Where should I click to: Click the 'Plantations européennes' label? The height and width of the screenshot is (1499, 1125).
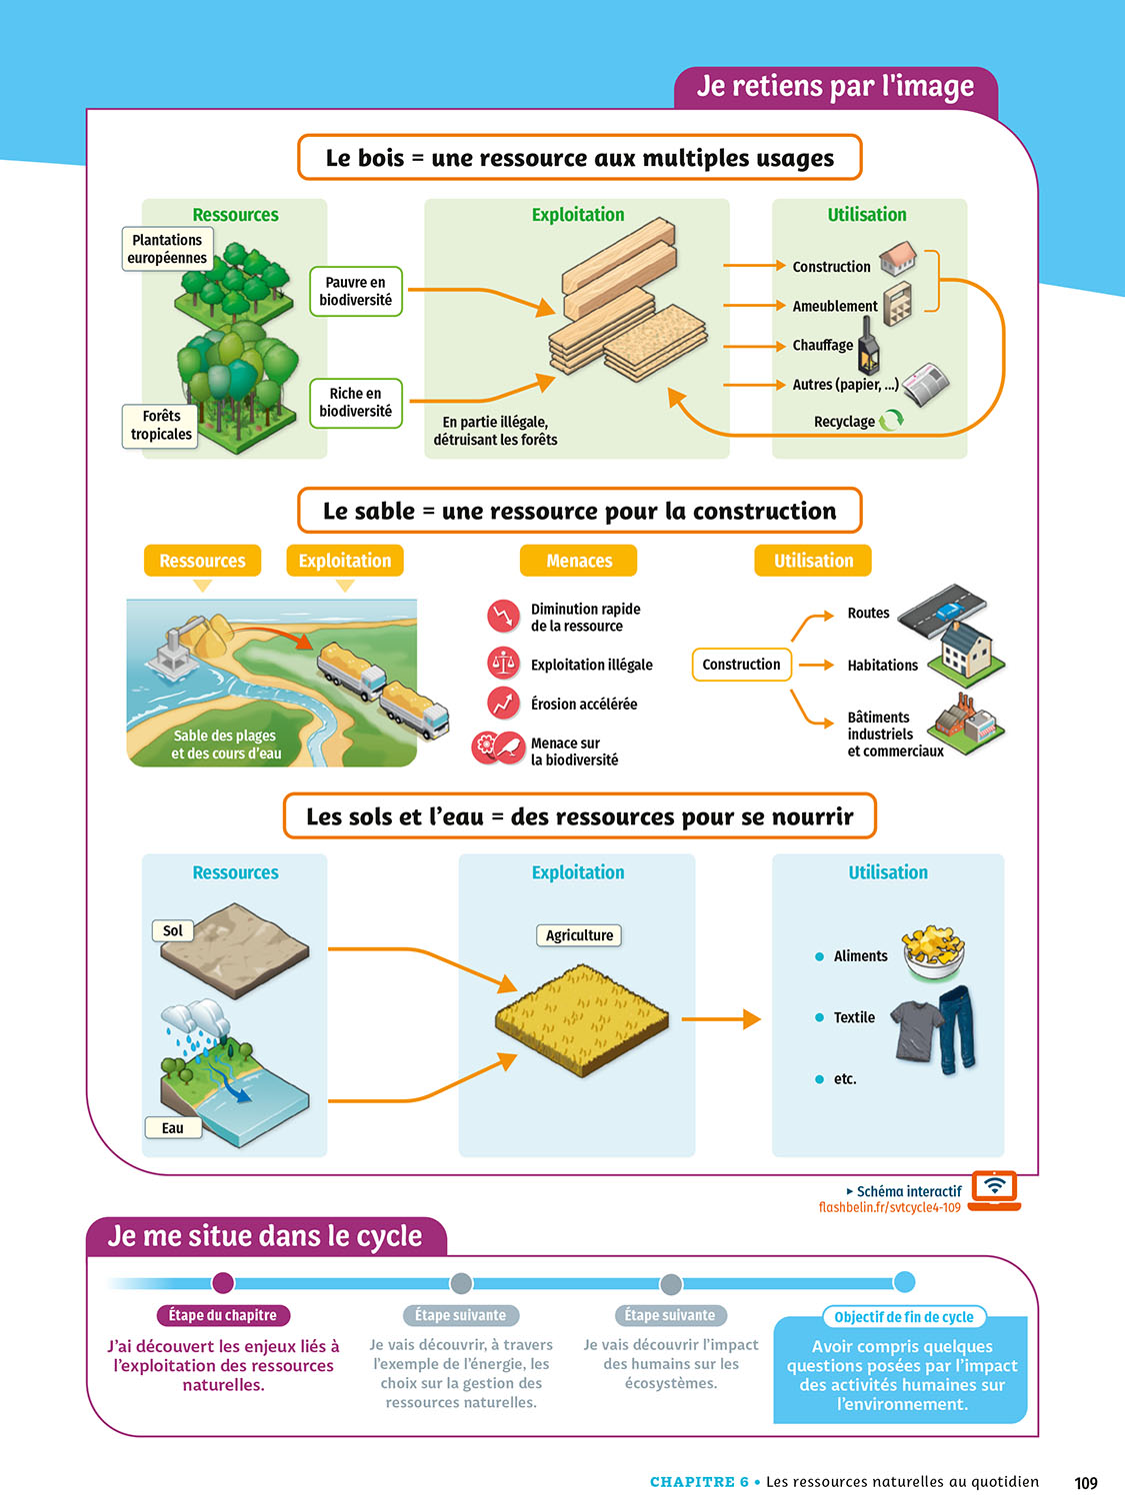(x=167, y=249)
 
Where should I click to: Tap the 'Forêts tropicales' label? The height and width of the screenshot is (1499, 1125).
(x=161, y=425)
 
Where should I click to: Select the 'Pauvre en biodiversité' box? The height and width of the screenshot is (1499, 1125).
(x=355, y=291)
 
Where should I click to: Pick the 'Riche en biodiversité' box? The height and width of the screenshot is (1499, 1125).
(x=355, y=403)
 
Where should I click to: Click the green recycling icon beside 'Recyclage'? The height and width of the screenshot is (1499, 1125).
(x=891, y=421)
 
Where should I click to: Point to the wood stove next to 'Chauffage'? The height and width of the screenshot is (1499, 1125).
(x=868, y=347)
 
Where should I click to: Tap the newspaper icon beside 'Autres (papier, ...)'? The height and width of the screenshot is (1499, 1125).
(x=926, y=384)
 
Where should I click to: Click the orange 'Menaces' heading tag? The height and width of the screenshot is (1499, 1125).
(x=578, y=561)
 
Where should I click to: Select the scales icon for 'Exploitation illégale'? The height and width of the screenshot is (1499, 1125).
(x=503, y=663)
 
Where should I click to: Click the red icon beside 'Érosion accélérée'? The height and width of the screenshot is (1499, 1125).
(x=503, y=704)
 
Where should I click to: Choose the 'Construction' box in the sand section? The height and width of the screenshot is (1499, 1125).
(x=741, y=665)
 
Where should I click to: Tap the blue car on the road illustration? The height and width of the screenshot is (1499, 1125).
(x=947, y=609)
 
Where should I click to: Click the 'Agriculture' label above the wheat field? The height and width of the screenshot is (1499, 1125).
(x=579, y=935)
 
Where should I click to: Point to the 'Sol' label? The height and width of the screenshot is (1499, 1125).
(x=172, y=930)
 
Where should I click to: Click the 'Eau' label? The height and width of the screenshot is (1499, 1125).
(x=172, y=1128)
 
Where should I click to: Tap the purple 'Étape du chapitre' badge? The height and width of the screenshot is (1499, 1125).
(x=222, y=1315)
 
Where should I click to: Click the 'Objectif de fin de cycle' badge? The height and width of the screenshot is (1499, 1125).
(x=903, y=1317)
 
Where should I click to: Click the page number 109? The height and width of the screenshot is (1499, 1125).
(x=1086, y=1483)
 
